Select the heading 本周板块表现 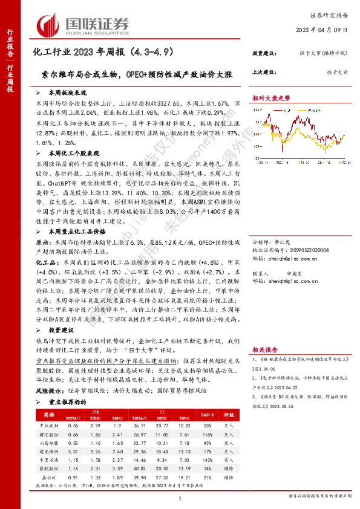(x=67, y=94)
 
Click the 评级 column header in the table (x=229, y=415)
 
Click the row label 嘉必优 (x=45, y=477)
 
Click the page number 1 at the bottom (x=180, y=498)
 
